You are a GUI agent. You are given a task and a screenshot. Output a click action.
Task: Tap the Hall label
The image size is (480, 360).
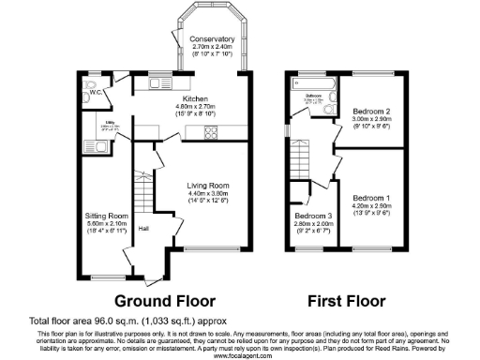(143, 228)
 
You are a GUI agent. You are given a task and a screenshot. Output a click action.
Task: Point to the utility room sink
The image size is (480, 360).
(101, 148)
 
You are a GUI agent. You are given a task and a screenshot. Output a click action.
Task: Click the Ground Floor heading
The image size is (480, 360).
(165, 301)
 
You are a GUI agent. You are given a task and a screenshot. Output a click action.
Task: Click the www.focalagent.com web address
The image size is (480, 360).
(239, 354)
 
